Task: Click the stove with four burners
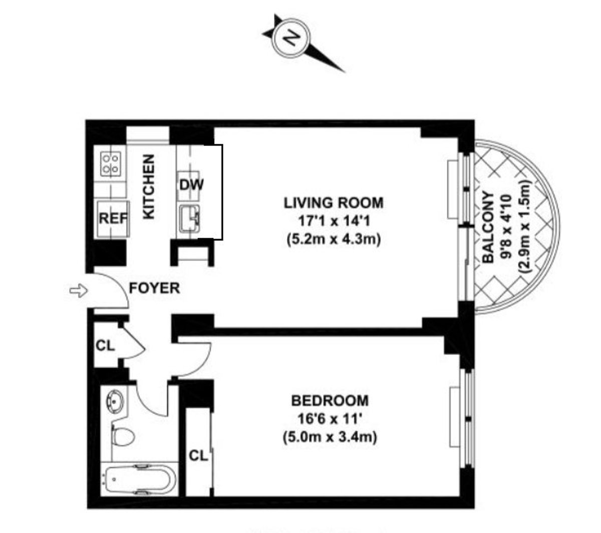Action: click(110, 163)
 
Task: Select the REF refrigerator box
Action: click(113, 218)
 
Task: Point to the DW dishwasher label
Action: click(191, 184)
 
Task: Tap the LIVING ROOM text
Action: click(334, 203)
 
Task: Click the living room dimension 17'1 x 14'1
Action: click(334, 221)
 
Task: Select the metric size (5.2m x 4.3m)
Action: click(334, 239)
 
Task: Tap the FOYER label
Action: click(154, 289)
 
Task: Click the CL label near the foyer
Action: click(105, 345)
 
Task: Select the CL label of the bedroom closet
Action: click(198, 456)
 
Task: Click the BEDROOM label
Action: click(330, 401)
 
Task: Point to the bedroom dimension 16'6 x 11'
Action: click(330, 419)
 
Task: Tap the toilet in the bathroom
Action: click(123, 436)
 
